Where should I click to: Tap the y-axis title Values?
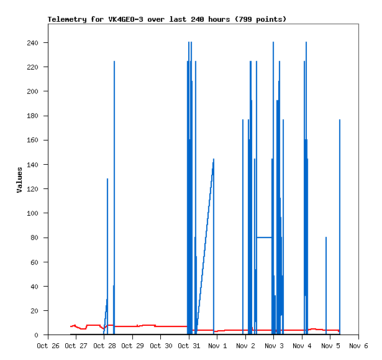[19, 180]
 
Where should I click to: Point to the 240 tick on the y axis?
[32, 43]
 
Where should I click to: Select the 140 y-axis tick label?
[32, 165]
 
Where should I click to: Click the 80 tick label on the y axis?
[34, 238]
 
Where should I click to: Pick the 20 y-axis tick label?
[34, 311]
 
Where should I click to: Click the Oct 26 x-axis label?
[48, 345]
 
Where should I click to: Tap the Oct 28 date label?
[104, 345]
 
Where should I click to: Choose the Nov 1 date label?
[217, 345]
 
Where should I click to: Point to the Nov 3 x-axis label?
[274, 345]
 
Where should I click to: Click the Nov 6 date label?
[358, 345]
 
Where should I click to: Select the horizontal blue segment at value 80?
[264, 238]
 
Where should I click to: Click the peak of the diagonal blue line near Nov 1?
[213, 159]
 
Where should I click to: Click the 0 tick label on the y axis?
[37, 335]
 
